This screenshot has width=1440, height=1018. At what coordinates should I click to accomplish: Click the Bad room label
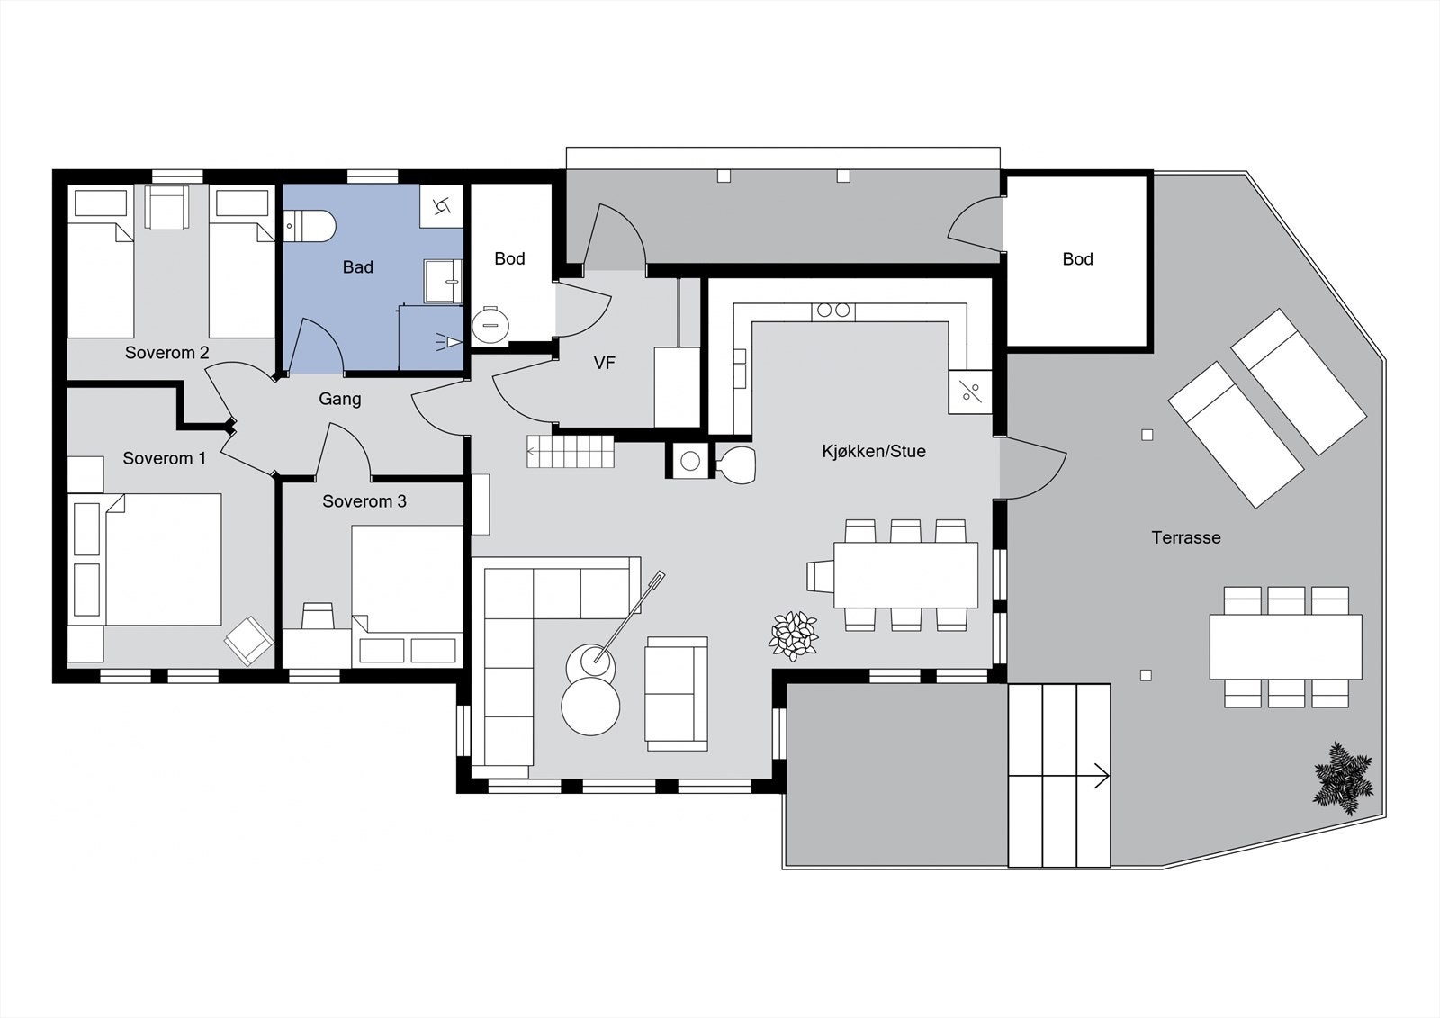click(357, 267)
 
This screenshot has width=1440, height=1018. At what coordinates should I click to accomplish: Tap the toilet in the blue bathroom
click(309, 226)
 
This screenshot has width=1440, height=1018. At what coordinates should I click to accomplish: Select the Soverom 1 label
click(165, 458)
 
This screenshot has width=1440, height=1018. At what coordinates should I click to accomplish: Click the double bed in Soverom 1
click(162, 559)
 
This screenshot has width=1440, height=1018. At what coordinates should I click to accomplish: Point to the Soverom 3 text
click(364, 501)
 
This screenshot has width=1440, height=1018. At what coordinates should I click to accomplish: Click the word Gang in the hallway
click(340, 399)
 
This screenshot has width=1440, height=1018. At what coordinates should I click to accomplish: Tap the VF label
click(604, 363)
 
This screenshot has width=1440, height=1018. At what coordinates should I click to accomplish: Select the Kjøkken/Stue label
click(873, 451)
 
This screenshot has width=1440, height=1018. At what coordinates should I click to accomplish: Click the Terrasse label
click(1186, 537)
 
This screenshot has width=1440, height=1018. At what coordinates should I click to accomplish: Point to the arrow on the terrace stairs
click(1100, 775)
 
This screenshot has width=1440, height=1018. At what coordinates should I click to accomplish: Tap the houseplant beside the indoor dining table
click(794, 635)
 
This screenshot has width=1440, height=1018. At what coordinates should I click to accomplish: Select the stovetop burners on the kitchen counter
click(832, 311)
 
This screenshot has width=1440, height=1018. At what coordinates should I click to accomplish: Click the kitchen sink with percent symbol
click(970, 392)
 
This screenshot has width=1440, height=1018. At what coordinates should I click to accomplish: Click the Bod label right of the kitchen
click(1077, 259)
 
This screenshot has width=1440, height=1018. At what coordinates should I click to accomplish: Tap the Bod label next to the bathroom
click(509, 258)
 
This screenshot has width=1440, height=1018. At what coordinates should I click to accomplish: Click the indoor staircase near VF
click(571, 451)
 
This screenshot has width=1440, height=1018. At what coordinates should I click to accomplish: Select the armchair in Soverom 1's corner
click(248, 640)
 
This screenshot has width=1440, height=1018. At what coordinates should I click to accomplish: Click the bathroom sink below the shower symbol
click(444, 281)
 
